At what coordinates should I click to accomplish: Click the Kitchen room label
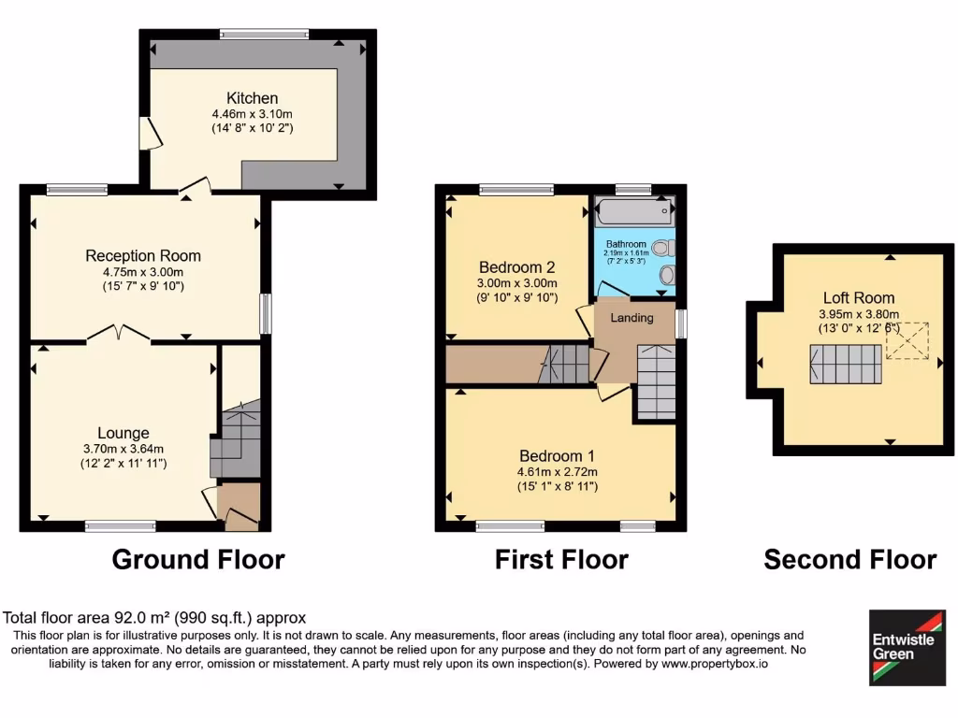click(252, 98)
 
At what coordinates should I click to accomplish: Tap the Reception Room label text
click(143, 255)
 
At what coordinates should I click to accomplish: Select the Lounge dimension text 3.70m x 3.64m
click(123, 449)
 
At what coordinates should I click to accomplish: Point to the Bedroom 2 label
click(517, 265)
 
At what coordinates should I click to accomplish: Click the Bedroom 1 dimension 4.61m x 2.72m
click(558, 472)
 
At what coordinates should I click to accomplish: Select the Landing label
click(631, 318)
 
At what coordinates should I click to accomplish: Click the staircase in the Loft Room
click(846, 363)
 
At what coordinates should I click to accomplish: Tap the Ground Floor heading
click(198, 560)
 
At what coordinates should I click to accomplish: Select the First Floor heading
click(561, 560)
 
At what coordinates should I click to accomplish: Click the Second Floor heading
click(849, 560)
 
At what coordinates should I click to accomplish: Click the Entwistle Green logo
click(907, 647)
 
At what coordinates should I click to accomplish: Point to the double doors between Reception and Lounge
click(119, 334)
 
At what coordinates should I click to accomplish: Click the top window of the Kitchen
click(265, 35)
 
